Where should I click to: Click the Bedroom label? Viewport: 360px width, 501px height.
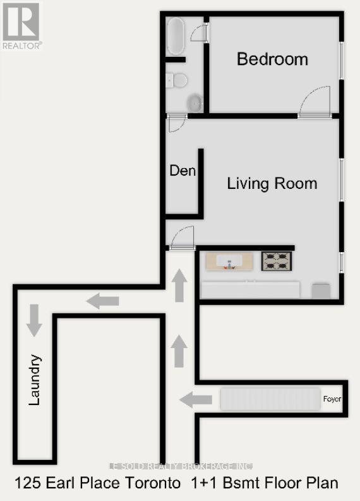tap(272, 59)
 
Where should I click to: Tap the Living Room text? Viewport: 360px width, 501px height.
tap(272, 184)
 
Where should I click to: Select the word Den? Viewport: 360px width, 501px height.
tap(183, 171)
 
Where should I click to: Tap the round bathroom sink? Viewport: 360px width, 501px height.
tap(196, 102)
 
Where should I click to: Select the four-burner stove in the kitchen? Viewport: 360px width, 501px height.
tap(277, 260)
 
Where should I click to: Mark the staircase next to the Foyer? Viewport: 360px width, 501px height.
tap(270, 399)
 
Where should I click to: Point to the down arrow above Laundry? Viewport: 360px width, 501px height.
tap(33, 320)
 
